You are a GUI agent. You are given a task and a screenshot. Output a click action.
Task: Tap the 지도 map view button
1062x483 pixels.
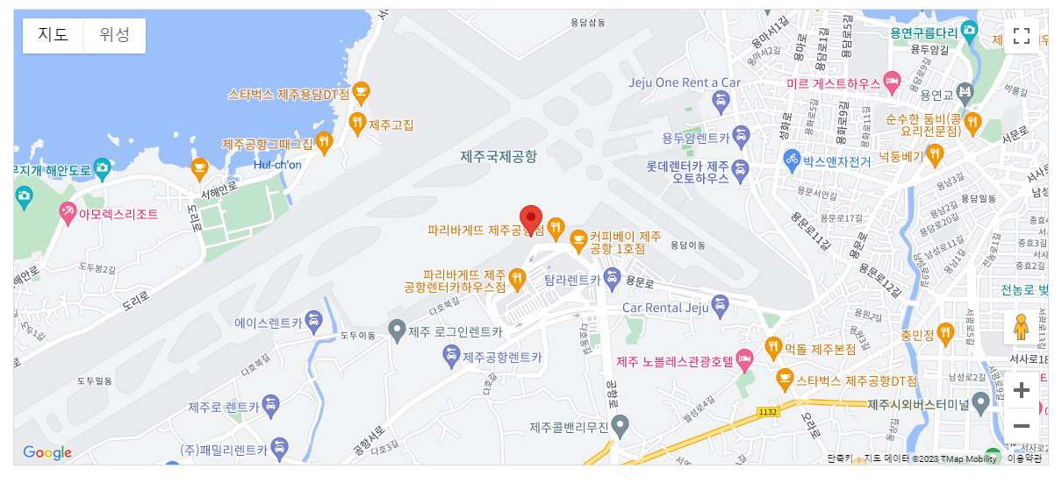53,35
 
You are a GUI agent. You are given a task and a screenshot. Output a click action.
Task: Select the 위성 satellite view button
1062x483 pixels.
114,35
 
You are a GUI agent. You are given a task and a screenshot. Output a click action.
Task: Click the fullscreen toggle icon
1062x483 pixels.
1021,36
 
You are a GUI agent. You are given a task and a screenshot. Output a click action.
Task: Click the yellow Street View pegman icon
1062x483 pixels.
1020,328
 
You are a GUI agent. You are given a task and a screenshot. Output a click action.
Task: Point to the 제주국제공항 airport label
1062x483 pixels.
499,156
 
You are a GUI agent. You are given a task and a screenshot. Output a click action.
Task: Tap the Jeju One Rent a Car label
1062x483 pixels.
685,82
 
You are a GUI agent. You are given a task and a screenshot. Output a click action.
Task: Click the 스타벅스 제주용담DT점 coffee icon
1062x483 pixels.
360,92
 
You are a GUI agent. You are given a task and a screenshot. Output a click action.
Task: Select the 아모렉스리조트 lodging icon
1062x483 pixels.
68,212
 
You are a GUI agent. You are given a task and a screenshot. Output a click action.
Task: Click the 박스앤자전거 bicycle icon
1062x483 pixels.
792,160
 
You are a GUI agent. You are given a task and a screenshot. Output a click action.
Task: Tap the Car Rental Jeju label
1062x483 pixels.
664,308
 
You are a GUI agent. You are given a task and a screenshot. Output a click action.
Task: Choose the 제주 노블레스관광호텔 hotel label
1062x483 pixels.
674,361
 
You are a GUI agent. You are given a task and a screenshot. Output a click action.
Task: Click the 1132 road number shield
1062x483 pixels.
768,410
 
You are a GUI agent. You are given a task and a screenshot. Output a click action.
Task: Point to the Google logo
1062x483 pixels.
47,452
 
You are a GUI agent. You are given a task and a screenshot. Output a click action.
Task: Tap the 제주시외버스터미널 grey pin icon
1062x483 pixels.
980,402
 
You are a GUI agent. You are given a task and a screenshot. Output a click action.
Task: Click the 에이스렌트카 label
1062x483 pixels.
268,323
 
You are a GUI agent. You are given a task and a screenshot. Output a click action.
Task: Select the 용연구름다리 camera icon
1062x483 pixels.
969,32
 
